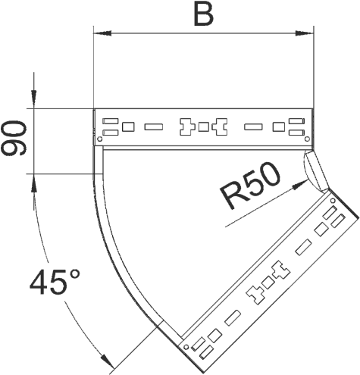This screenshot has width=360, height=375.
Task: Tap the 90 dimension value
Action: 14,138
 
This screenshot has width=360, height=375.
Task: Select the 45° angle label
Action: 55,282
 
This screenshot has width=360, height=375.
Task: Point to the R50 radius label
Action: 251,185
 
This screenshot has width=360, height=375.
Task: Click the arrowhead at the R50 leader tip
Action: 300,184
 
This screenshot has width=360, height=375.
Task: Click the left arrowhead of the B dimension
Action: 102,33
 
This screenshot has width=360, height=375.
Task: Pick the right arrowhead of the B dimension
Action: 305,33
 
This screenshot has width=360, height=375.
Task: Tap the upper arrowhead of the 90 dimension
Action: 33,99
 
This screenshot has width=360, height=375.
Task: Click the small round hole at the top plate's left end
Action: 100,139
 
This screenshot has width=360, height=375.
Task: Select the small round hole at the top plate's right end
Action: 307,139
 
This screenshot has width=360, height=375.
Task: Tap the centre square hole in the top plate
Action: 203,127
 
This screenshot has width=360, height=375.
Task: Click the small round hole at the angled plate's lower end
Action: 186,347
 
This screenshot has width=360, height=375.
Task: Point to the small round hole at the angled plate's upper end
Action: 333,201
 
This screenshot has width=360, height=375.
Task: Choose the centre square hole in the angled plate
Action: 268,283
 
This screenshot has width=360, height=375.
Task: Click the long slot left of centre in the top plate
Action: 154,127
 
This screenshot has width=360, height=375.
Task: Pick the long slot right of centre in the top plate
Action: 253,127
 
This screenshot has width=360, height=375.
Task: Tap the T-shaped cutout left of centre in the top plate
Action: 187,127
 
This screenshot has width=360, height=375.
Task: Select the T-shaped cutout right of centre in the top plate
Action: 220,127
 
